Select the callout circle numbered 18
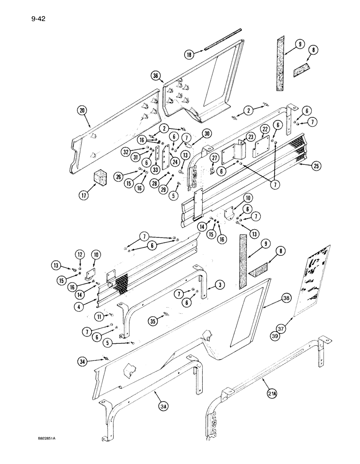click(189, 55)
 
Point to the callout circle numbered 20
click(83, 110)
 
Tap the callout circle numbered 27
click(213, 158)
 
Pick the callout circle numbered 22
click(264, 142)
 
